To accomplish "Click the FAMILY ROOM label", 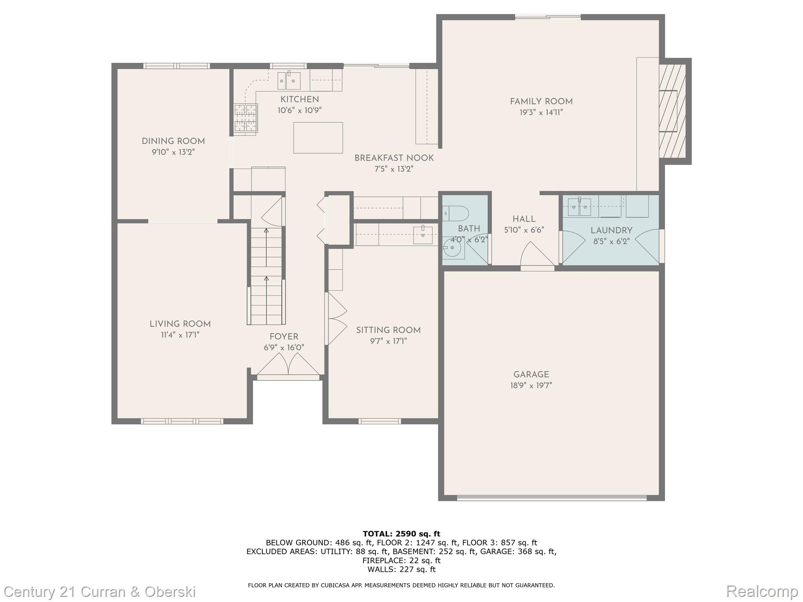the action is point(541,102).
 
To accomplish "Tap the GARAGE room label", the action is point(531,375).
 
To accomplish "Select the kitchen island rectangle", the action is point(318,138).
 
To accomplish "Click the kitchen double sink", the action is point(289,81).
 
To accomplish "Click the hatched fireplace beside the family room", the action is point(672,111).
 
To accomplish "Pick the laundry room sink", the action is point(580,207).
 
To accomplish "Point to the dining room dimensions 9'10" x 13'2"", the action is point(173,152).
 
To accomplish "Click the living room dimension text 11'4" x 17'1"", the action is point(180,335).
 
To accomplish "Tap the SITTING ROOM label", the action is point(388,330).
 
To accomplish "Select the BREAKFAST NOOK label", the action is point(394,158).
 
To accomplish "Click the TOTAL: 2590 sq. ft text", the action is point(401,534).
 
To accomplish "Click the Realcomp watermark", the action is point(762,591).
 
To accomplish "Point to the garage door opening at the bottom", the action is point(552,498).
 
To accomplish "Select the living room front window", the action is point(182,421).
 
